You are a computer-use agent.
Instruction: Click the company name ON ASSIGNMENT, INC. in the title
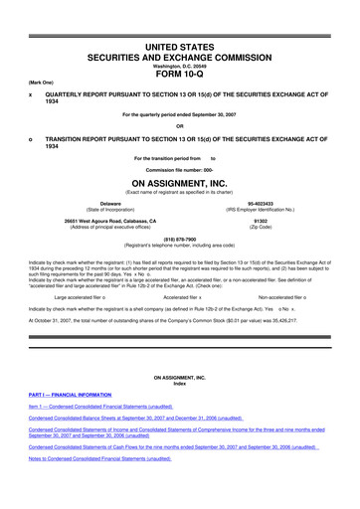pyautogui.click(x=179, y=182)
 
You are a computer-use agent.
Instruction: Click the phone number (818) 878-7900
pyautogui.click(x=179, y=238)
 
